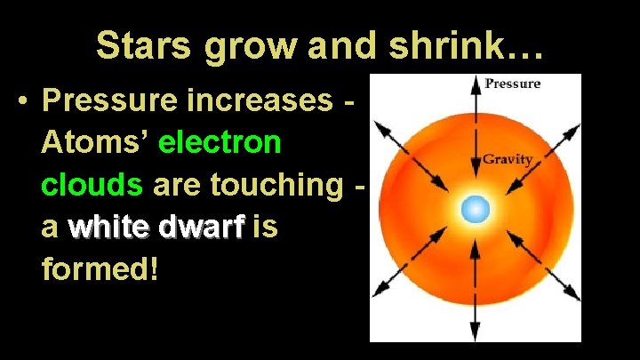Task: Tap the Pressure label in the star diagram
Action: coord(512,84)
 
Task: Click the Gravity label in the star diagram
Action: coord(508,160)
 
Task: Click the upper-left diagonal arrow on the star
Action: coord(410,142)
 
